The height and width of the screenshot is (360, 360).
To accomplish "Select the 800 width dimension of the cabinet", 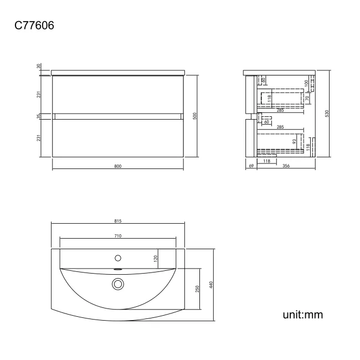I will pyautogui.click(x=117, y=166).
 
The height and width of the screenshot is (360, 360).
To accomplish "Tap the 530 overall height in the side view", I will pyautogui.click(x=327, y=114).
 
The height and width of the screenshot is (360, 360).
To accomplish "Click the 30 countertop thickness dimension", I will pyautogui.click(x=39, y=66).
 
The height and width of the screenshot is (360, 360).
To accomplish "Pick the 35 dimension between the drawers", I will pyautogui.click(x=39, y=116).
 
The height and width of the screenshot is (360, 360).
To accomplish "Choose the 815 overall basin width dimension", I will pyautogui.click(x=117, y=220).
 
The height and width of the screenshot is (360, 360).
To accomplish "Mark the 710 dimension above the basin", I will pyautogui.click(x=117, y=236).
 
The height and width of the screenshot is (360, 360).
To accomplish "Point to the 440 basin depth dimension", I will pyautogui.click(x=211, y=285).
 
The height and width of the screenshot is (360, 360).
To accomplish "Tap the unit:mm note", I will pyautogui.click(x=302, y=315).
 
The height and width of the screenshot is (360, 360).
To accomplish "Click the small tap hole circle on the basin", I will pyautogui.click(x=117, y=258).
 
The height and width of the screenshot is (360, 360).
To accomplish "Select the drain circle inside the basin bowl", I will pyautogui.click(x=117, y=284).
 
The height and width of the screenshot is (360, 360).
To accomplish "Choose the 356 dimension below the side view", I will pyautogui.click(x=286, y=166).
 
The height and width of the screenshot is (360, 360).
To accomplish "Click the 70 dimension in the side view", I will pyautogui.click(x=305, y=98).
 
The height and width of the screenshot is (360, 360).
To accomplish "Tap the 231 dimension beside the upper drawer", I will pyautogui.click(x=39, y=95).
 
